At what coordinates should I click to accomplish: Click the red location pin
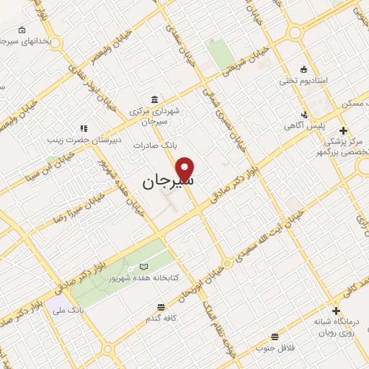point(185,169)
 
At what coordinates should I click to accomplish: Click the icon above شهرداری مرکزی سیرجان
point(155,99)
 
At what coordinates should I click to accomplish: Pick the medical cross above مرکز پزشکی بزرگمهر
point(344,130)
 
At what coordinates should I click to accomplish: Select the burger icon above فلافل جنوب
point(274,337)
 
